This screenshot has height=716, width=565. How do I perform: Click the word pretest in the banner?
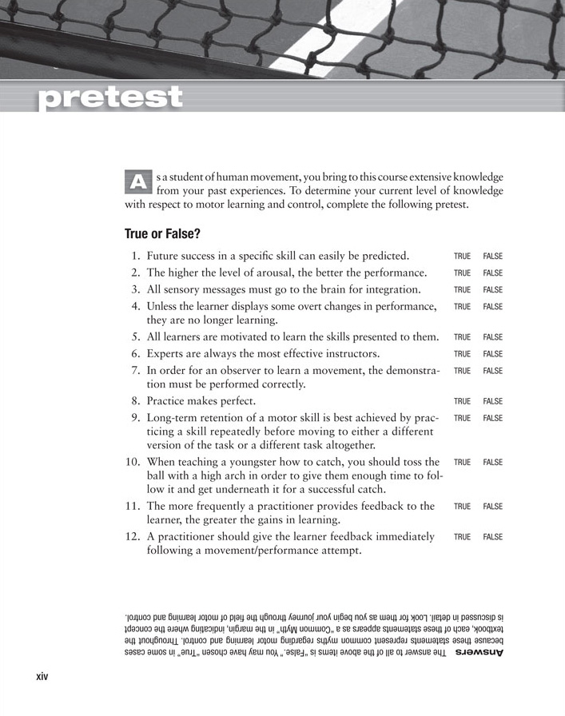pyautogui.click(x=110, y=97)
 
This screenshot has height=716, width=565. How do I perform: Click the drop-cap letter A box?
pyautogui.click(x=138, y=181)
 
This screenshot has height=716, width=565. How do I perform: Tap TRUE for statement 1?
pyautogui.click(x=462, y=257)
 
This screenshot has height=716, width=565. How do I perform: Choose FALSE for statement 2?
pyautogui.click(x=492, y=273)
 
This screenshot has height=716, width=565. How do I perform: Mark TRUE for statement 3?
pyautogui.click(x=462, y=290)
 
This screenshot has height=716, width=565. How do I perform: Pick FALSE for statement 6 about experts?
pyautogui.click(x=492, y=354)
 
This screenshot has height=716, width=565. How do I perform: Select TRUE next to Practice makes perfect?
pyautogui.click(x=462, y=402)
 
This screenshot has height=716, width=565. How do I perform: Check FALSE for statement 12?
pyautogui.click(x=492, y=537)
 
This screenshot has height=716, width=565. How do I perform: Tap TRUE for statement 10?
pyautogui.click(x=462, y=463)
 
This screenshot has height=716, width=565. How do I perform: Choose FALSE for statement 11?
pyautogui.click(x=492, y=507)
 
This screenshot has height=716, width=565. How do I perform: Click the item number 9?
pyautogui.click(x=136, y=417)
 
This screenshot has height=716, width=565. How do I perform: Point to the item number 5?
pyautogui.click(x=136, y=336)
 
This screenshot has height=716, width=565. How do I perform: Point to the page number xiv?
pyautogui.click(x=42, y=677)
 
